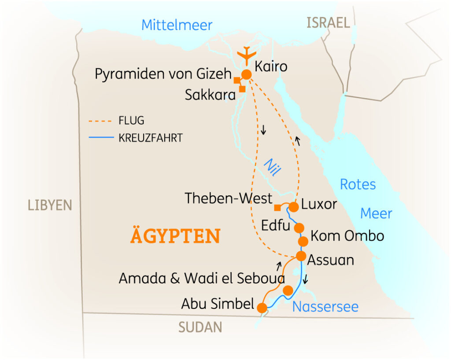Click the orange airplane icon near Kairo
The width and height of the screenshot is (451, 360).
[x=246, y=55]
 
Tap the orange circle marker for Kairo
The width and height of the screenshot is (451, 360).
[x=246, y=75]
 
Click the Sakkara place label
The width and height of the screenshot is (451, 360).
[x=210, y=95]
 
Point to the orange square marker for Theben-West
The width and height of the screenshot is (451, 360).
[x=277, y=208]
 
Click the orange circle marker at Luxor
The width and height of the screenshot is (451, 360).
[x=294, y=206]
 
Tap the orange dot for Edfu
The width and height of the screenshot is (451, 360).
[x=299, y=228]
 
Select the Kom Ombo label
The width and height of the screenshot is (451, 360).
[x=347, y=236]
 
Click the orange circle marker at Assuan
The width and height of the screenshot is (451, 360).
[x=301, y=256]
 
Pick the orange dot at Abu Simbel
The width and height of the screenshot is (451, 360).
[x=262, y=307]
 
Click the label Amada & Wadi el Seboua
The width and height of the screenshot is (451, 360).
[x=202, y=278]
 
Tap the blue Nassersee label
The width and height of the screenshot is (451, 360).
[x=325, y=306]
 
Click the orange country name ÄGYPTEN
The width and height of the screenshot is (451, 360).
[x=175, y=236]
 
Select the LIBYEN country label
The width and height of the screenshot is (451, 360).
[x=49, y=205]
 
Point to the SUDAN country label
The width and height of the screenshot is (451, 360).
[x=200, y=327]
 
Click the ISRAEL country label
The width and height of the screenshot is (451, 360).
[x=328, y=23]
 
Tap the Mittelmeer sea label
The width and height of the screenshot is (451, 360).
[x=177, y=25]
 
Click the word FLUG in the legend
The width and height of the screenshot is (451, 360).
[x=131, y=121]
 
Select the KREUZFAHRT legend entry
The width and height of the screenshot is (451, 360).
[x=150, y=138]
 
